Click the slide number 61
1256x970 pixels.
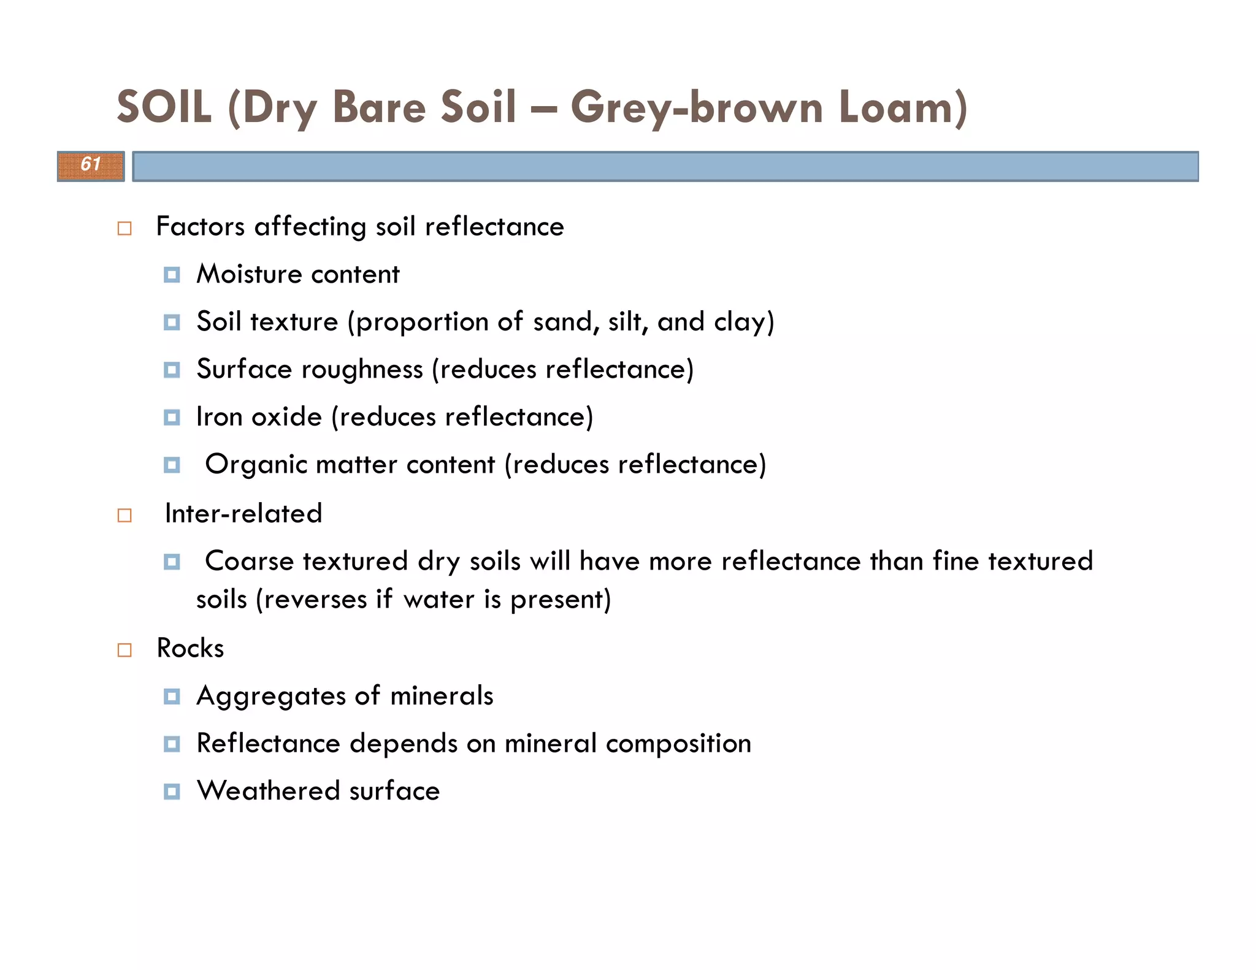pyautogui.click(x=91, y=164)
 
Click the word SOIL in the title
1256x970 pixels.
pyautogui.click(x=164, y=107)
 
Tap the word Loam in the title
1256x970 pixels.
pyautogui.click(x=902, y=107)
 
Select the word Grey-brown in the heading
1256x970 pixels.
pyautogui.click(x=696, y=107)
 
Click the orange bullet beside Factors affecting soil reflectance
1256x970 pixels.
pyautogui.click(x=124, y=229)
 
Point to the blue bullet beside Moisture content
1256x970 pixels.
pyautogui.click(x=172, y=275)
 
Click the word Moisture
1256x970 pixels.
pyautogui.click(x=249, y=274)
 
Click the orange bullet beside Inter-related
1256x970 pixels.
pyautogui.click(x=124, y=515)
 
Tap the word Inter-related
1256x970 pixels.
pyautogui.click(x=243, y=514)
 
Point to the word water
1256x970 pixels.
pyautogui.click(x=439, y=600)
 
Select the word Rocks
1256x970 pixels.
pyautogui.click(x=190, y=648)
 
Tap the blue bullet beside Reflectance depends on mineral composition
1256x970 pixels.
pyautogui.click(x=172, y=744)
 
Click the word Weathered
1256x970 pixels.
pyautogui.click(x=268, y=791)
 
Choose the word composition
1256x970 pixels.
pyautogui.click(x=678, y=744)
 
